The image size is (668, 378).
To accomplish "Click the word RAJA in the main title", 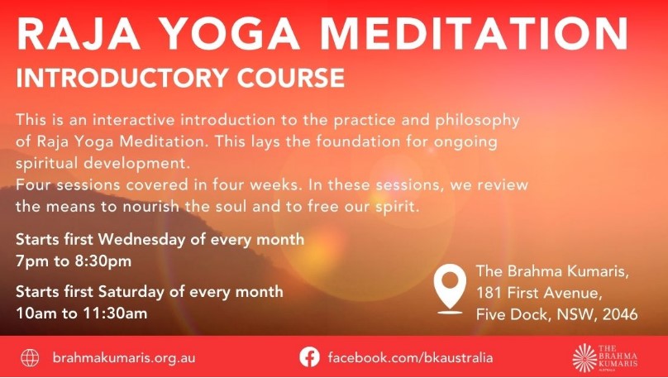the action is tap(79, 34).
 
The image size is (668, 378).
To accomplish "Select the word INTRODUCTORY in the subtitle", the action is tap(122, 78).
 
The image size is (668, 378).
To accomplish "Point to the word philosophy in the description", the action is tap(477, 121).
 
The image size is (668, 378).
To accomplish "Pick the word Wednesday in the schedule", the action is tap(142, 239).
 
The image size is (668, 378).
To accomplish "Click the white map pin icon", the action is tap(450, 289).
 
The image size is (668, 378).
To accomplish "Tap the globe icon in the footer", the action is tap(30, 357).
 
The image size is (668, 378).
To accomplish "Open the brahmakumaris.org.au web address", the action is tap(124, 358).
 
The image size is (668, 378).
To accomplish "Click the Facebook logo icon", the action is tap(309, 357).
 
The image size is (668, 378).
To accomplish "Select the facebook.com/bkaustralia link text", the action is tap(410, 357).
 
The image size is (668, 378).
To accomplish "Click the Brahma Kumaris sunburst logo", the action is tap(584, 357).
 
